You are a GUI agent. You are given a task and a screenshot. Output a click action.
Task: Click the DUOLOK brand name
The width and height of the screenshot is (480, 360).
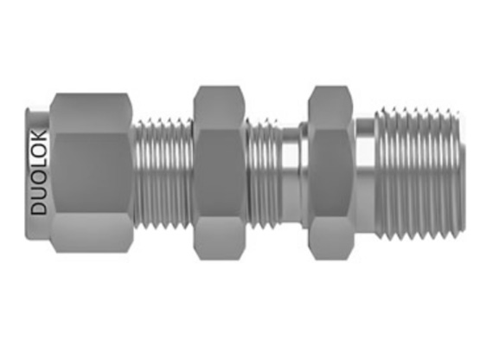pyautogui.click(x=39, y=172)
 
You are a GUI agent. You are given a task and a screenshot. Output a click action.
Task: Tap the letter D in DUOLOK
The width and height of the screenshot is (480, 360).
pyautogui.click(x=39, y=208)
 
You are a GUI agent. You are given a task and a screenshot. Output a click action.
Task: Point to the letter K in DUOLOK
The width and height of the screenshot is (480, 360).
pyautogui.click(x=39, y=137)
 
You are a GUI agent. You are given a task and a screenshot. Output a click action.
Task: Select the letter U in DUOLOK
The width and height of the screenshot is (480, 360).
pyautogui.click(x=39, y=193)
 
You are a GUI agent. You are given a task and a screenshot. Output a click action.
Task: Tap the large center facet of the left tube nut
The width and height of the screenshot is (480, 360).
pyautogui.click(x=92, y=172)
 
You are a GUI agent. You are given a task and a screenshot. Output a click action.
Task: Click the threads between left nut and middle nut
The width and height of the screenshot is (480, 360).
pyautogui.click(x=163, y=174)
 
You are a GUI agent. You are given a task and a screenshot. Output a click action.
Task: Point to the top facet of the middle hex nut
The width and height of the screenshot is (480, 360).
pyautogui.click(x=219, y=108)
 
